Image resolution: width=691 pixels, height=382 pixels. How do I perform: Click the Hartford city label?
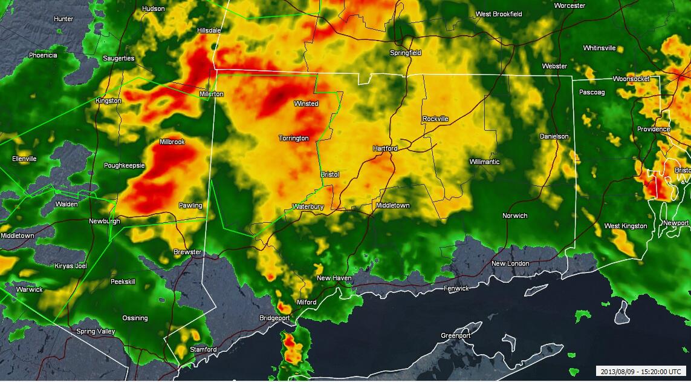click(384, 148)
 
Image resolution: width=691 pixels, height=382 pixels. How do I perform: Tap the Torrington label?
click(294, 138)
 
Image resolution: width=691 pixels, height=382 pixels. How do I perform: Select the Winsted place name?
click(306, 104)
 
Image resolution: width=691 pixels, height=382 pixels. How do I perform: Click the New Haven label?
click(334, 278)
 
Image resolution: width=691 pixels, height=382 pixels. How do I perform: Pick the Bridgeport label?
click(274, 318)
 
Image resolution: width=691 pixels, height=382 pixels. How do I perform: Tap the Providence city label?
click(653, 129)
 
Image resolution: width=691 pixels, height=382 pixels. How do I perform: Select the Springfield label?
click(405, 53)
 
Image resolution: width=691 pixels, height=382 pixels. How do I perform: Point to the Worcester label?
click(569, 5)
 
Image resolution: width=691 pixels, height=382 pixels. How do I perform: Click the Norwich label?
click(514, 216)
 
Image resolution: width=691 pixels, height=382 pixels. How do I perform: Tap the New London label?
click(510, 263)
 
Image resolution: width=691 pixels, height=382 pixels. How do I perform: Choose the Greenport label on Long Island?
click(456, 335)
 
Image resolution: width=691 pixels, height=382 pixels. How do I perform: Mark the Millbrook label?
click(172, 142)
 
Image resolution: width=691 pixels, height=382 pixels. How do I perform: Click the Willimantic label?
click(484, 162)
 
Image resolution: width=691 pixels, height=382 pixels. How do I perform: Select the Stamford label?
click(203, 349)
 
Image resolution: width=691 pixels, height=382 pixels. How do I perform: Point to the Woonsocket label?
click(631, 79)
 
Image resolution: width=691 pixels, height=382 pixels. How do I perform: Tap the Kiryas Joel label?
click(71, 266)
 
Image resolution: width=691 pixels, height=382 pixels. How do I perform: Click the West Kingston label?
click(626, 226)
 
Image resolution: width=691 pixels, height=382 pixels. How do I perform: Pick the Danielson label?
click(554, 136)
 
